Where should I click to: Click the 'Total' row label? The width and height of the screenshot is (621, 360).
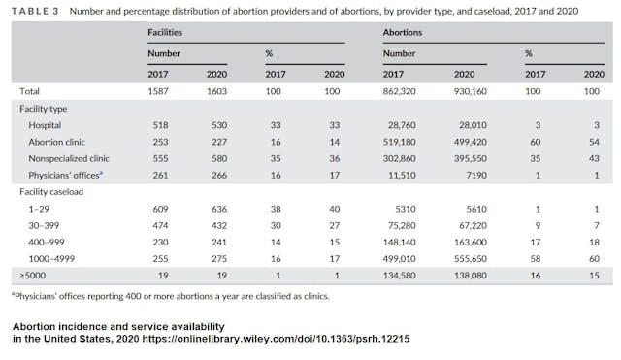pos(29,90)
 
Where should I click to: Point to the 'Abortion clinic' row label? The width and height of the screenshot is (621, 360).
pos(52,143)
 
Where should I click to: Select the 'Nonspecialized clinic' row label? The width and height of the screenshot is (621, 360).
pos(65,160)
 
